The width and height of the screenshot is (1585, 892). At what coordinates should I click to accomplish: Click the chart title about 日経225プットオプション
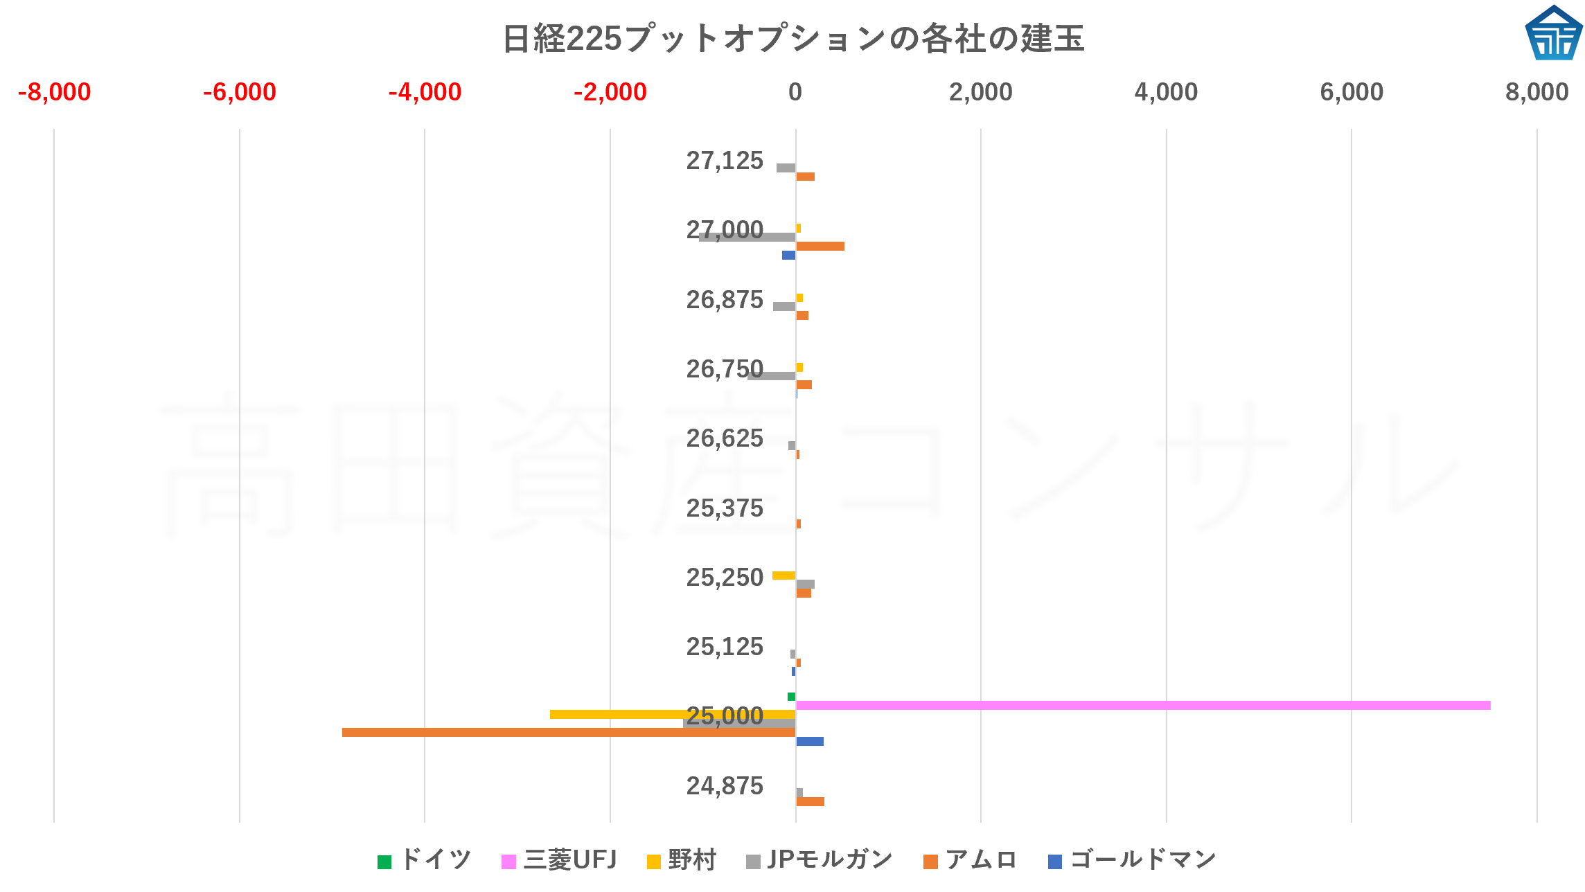pyautogui.click(x=792, y=38)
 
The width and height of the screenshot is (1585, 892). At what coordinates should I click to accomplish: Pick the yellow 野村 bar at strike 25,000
pyautogui.click(x=672, y=714)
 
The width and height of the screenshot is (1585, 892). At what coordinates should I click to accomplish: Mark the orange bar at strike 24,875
pyautogui.click(x=810, y=801)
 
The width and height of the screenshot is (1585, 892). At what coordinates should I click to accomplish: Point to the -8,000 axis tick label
pyautogui.click(x=54, y=92)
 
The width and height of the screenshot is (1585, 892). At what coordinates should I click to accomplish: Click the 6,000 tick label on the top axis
pyautogui.click(x=1351, y=92)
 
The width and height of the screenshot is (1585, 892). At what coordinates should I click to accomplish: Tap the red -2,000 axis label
pyautogui.click(x=610, y=92)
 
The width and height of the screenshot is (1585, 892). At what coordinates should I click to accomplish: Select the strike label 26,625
pyautogui.click(x=724, y=438)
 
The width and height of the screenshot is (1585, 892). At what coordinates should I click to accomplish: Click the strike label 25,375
pyautogui.click(x=724, y=508)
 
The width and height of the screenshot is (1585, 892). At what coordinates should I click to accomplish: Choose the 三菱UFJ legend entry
pyautogui.click(x=558, y=860)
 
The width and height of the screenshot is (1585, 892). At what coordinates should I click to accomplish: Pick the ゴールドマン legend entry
pyautogui.click(x=1132, y=860)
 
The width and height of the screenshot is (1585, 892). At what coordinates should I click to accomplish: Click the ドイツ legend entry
pyautogui.click(x=424, y=860)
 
